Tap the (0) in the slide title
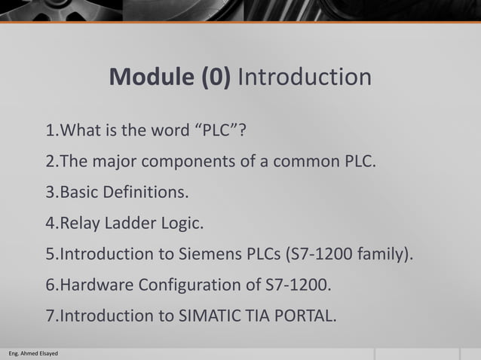tap(214, 78)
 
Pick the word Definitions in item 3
tap(147, 192)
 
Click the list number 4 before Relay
tap(51, 223)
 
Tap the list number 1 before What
tap(51, 130)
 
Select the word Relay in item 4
tap(77, 223)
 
